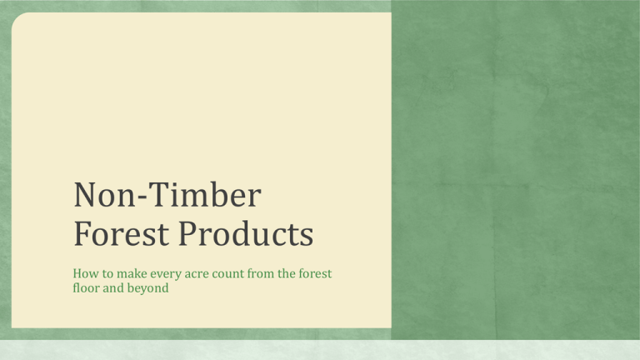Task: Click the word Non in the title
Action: click(x=104, y=195)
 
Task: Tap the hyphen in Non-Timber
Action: click(x=141, y=197)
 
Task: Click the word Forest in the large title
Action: click(x=121, y=233)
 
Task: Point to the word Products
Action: click(x=246, y=233)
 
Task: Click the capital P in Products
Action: click(x=187, y=233)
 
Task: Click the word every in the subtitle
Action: click(x=166, y=274)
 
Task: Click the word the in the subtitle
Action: click(x=287, y=273)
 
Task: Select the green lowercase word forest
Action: click(x=315, y=273)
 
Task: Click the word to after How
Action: click(x=107, y=274)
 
